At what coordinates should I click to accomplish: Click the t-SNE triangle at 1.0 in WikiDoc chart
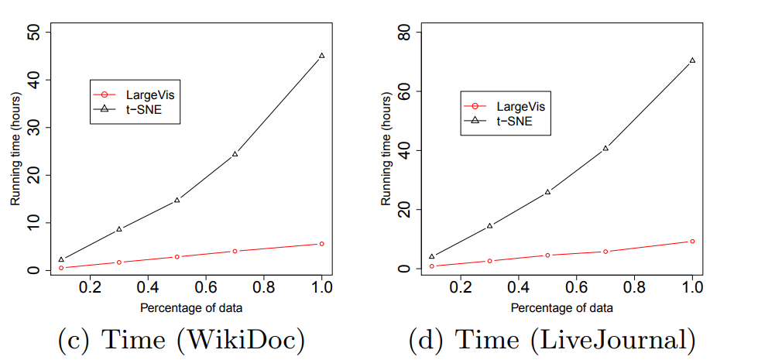click(x=321, y=56)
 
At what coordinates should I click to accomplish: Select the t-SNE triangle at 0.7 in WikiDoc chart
click(x=235, y=154)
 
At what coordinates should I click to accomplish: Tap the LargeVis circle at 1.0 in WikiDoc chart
click(x=321, y=244)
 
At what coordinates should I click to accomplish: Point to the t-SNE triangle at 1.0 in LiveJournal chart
click(x=692, y=60)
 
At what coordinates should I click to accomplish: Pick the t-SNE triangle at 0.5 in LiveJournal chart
click(x=547, y=191)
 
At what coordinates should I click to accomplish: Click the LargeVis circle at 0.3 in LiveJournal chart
click(x=489, y=261)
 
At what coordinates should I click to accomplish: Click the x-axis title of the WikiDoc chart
click(x=191, y=307)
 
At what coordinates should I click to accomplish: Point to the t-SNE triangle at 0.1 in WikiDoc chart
click(x=61, y=260)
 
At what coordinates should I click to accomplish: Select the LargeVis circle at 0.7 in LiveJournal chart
click(x=605, y=252)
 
